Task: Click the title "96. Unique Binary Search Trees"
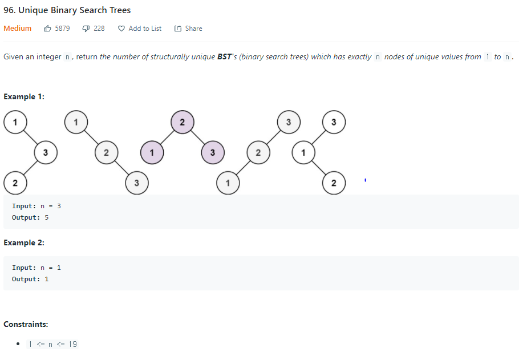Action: coord(67,10)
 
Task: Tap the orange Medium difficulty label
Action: coord(18,29)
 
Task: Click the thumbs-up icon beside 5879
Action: coord(48,29)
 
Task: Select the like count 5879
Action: coord(62,29)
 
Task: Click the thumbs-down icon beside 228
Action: coord(87,29)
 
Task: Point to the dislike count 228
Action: coord(99,29)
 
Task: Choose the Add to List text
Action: coord(145,29)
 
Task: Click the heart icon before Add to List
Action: coord(121,29)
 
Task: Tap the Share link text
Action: coord(193,29)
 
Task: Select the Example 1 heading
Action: coord(24,96)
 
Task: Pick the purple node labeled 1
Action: coord(151,152)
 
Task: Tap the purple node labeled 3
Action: coord(212,152)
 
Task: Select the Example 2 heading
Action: coord(24,242)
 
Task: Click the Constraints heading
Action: coord(26,324)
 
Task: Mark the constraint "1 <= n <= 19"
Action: coord(52,344)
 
